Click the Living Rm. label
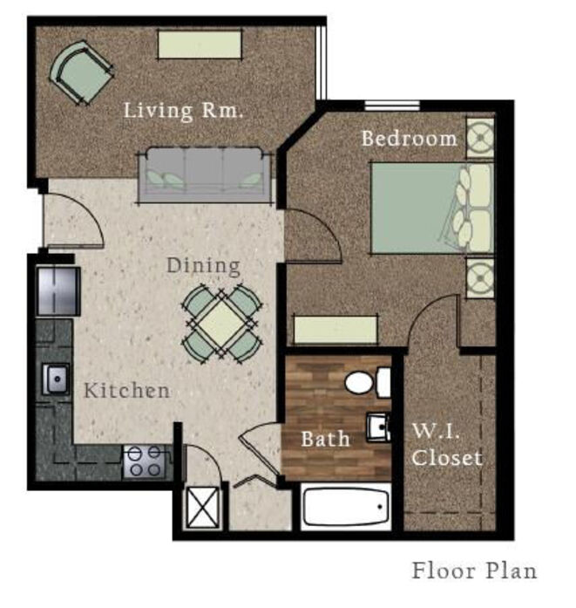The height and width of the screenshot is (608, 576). [x=183, y=111]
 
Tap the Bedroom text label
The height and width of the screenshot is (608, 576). [x=409, y=139]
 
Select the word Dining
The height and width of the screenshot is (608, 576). [x=203, y=266]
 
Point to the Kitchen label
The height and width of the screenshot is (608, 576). [x=126, y=390]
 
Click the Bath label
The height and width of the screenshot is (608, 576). [x=325, y=439]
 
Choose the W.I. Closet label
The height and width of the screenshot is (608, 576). [x=447, y=444]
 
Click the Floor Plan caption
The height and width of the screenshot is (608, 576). [x=474, y=570]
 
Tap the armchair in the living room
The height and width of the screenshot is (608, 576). [x=81, y=73]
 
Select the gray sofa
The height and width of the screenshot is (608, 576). [x=206, y=174]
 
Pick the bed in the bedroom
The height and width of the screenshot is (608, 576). [x=432, y=208]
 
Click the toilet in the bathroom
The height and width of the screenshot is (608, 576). [x=368, y=383]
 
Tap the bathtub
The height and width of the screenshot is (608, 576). [x=346, y=507]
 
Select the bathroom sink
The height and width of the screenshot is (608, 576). [x=378, y=427]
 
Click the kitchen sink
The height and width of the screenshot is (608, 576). [x=56, y=379]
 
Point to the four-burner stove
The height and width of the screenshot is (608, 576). [x=144, y=461]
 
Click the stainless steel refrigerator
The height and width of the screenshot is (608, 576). [x=58, y=290]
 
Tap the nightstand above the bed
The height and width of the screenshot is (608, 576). [x=480, y=138]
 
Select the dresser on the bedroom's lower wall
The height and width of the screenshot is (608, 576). [x=335, y=330]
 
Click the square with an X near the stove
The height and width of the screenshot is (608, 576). [x=202, y=508]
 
